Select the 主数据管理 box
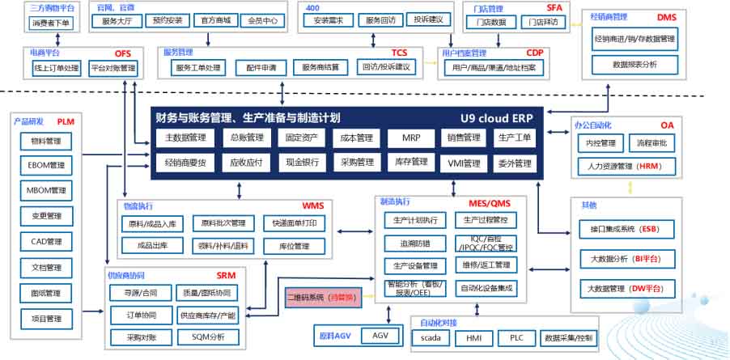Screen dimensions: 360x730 pyautogui.click(x=185, y=138)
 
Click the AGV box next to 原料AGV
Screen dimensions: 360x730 pyautogui.click(x=380, y=334)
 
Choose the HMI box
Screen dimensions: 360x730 pyautogui.click(x=474, y=338)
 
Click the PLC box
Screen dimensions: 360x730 pyautogui.click(x=516, y=338)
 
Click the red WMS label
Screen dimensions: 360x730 pyautogui.click(x=312, y=205)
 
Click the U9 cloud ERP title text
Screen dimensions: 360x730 pyautogui.click(x=495, y=118)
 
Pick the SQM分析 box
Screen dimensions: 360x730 pyautogui.click(x=208, y=336)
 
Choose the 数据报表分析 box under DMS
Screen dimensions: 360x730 pyautogui.click(x=635, y=63)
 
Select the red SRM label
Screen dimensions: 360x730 pyautogui.click(x=226, y=275)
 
